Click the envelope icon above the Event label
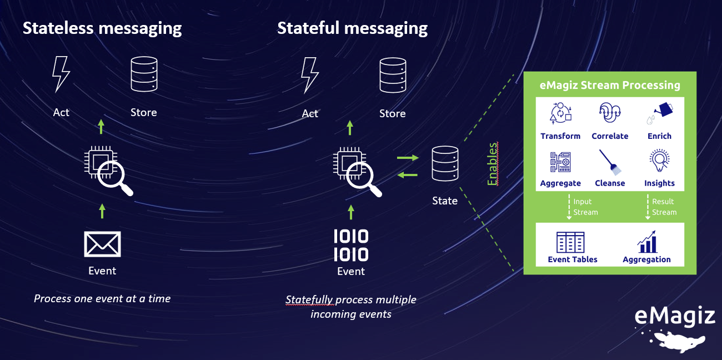(102, 244)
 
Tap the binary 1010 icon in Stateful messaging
(351, 245)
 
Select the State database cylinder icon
(445, 164)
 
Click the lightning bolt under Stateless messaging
(60, 74)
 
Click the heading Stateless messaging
(102, 28)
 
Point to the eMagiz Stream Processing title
(610, 85)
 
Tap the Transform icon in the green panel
(560, 113)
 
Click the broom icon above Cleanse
(610, 162)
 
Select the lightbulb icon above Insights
(659, 162)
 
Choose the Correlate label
(610, 136)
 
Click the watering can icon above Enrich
(659, 113)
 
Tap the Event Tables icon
(570, 242)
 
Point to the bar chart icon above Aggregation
(646, 242)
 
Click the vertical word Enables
(493, 164)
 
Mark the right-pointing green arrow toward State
(408, 158)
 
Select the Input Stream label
(585, 207)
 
